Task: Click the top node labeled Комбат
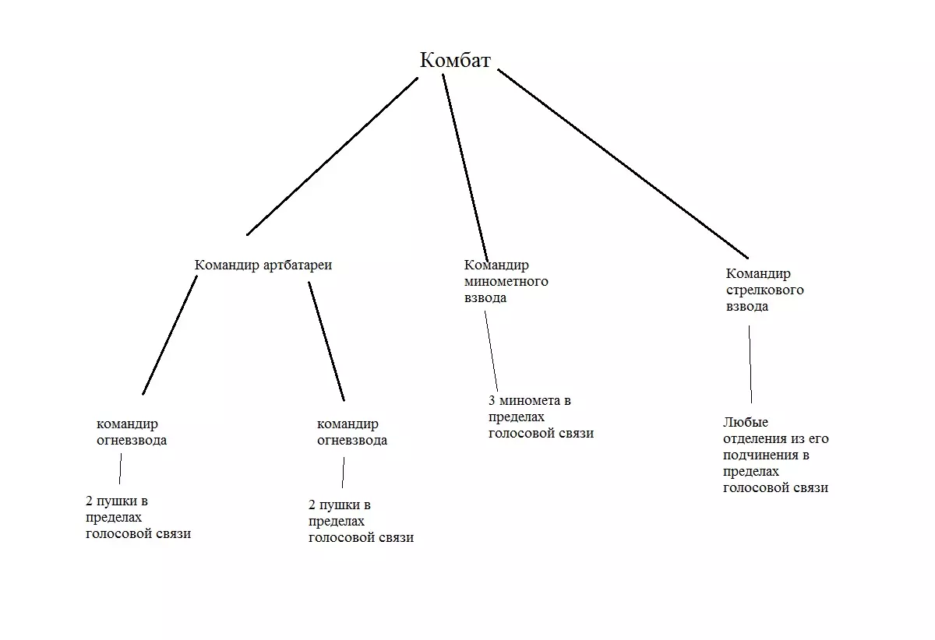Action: coord(455,61)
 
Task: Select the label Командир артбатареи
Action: coord(263,265)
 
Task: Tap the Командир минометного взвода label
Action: coord(506,281)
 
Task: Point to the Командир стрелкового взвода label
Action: coord(764,290)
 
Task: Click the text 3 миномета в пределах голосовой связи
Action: coord(541,417)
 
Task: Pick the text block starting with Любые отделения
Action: coord(775,455)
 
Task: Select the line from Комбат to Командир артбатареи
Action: coord(333,156)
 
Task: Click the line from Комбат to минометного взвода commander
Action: coord(465,167)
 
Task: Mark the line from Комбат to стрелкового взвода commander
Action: coord(623,164)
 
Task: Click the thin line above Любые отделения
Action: coord(750,364)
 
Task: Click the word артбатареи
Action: coord(298,265)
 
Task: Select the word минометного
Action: coord(506,281)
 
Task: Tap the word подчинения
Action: coord(760,455)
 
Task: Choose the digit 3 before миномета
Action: coord(492,401)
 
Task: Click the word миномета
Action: coord(529,401)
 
